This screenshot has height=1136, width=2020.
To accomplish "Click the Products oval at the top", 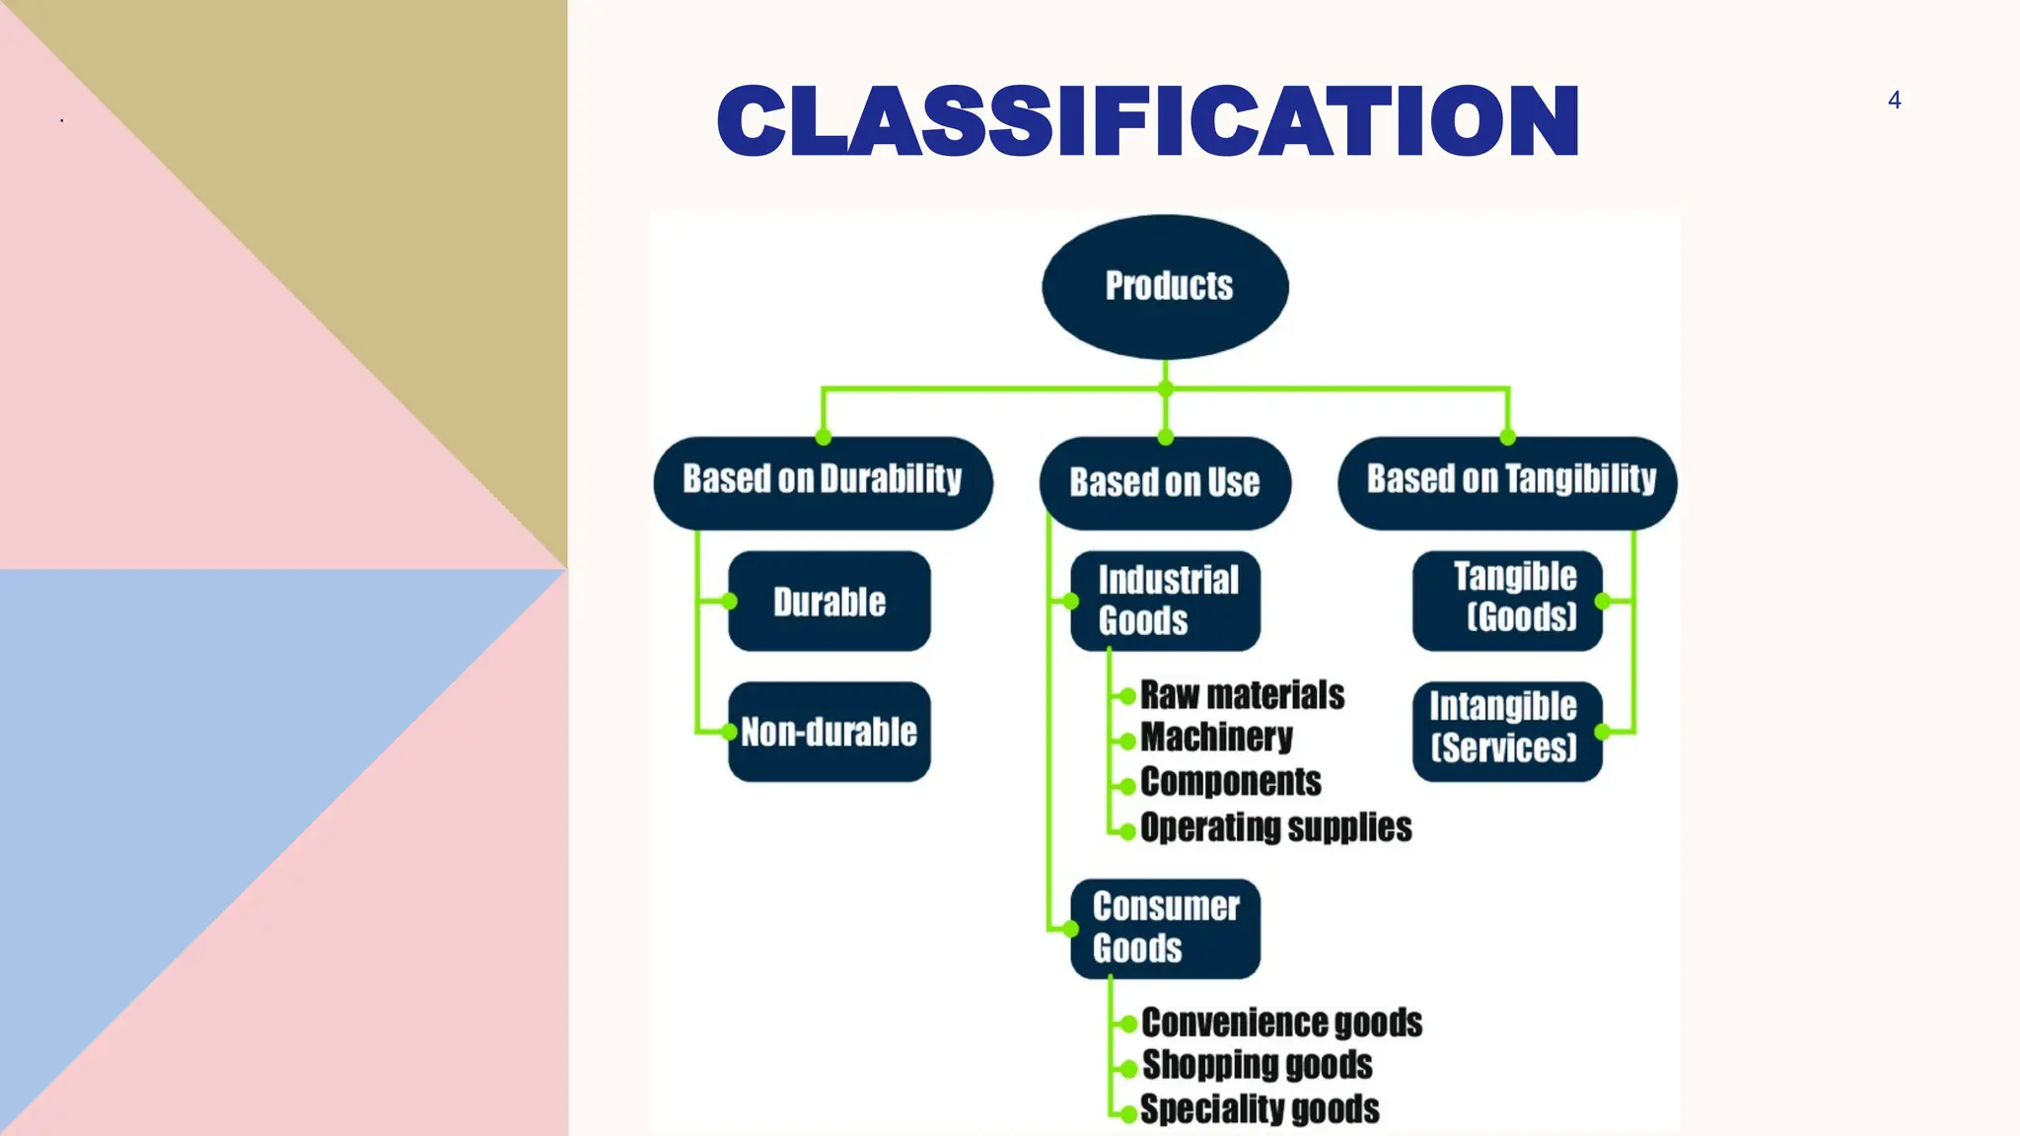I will (x=1165, y=286).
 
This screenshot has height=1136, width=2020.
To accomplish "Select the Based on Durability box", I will (x=823, y=482).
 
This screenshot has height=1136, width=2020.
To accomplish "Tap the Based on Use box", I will (x=1165, y=483).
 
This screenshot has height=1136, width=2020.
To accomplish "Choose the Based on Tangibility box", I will (x=1507, y=482).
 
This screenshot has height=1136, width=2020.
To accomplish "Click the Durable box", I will (x=829, y=602).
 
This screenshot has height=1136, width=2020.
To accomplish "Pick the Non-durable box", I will (x=829, y=732).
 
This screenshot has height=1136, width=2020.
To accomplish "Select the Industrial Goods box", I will (x=1165, y=601).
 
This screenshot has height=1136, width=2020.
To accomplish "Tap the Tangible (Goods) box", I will (x=1507, y=601).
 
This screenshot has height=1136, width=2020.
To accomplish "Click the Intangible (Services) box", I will (x=1507, y=732).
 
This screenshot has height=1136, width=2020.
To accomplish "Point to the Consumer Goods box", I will (x=1165, y=928).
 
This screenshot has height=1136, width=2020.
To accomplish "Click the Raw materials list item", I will (x=1242, y=695).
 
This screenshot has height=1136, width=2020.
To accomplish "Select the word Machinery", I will (x=1216, y=738).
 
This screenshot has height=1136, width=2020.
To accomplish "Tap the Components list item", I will (x=1230, y=782).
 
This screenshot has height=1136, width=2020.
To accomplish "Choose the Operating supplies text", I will (x=1275, y=827).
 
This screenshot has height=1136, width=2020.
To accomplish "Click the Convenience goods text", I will (x=1281, y=1023).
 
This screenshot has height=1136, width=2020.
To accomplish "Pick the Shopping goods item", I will (x=1257, y=1065).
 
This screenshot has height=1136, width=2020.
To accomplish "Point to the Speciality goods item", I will (x=1260, y=1109).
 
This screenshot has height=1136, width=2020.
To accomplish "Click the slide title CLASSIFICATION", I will (x=1148, y=121).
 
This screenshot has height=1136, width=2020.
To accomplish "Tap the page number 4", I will (x=1894, y=100).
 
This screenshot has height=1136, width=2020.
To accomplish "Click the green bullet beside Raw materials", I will (x=1127, y=696).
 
